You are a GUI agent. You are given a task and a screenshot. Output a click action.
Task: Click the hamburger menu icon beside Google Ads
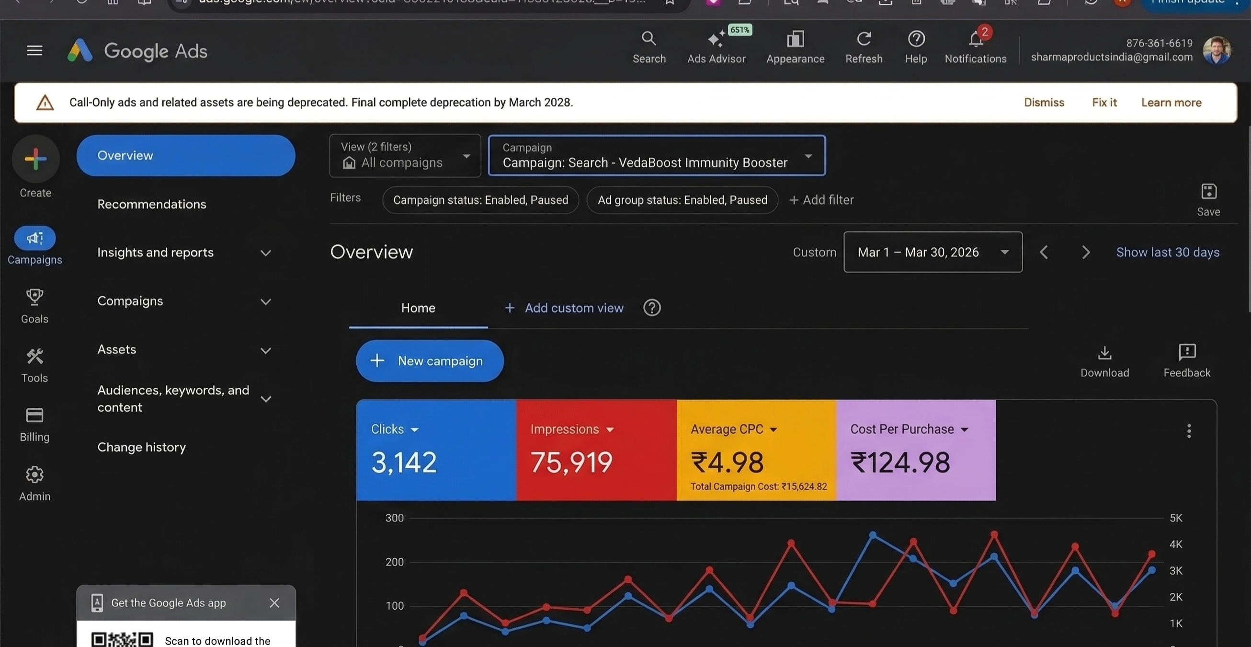34,50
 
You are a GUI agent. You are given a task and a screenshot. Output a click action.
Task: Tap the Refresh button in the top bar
864,47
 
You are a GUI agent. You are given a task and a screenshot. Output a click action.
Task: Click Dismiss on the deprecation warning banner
1044,103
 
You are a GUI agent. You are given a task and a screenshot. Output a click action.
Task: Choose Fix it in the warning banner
1104,103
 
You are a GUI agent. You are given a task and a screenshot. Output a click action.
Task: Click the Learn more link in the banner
1171,103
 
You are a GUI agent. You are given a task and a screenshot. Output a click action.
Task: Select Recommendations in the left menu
151,204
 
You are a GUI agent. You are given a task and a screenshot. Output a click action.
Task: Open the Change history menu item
141,447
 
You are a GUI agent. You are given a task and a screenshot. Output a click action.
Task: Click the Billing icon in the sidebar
34,416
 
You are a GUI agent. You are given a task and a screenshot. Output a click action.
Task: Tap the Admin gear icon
34,475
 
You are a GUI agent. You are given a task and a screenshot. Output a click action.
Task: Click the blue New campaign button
430,361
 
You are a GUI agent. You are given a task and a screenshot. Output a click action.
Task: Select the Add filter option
821,200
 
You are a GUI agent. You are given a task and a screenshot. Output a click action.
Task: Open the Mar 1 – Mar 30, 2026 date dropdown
933,252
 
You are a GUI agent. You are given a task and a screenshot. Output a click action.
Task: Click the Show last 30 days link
1168,252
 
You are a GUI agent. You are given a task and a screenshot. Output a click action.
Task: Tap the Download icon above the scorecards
1104,353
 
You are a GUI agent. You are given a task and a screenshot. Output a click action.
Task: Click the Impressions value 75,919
571,462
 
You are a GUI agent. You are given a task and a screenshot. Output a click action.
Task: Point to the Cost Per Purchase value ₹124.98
900,462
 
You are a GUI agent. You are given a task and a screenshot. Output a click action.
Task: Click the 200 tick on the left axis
394,563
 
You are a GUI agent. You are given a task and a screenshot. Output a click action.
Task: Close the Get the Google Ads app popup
274,603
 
